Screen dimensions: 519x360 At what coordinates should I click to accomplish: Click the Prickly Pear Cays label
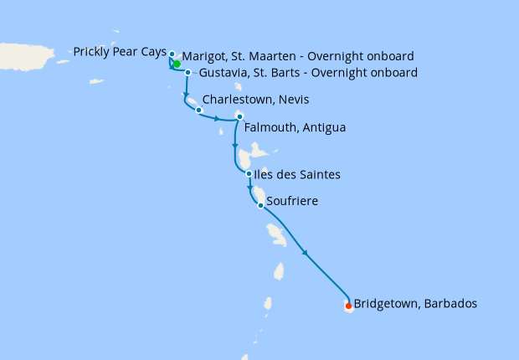pyautogui.click(x=120, y=52)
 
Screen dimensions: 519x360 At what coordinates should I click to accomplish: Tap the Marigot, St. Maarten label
pyautogui.click(x=297, y=56)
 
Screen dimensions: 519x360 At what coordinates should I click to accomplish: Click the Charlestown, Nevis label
pyautogui.click(x=255, y=100)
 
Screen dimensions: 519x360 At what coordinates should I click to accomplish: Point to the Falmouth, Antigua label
pyautogui.click(x=295, y=128)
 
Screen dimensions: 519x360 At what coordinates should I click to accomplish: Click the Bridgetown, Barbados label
pyautogui.click(x=415, y=304)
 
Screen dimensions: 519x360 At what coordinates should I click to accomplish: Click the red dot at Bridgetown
pyautogui.click(x=348, y=306)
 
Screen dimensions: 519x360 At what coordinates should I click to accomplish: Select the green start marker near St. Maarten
pyautogui.click(x=177, y=64)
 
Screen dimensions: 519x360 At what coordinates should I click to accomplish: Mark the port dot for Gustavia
pyautogui.click(x=188, y=73)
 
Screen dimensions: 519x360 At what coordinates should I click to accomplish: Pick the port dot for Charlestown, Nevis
pyautogui.click(x=198, y=110)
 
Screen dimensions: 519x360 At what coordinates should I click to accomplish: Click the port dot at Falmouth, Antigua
pyautogui.click(x=239, y=116)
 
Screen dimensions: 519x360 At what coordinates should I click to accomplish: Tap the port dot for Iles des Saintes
pyautogui.click(x=249, y=174)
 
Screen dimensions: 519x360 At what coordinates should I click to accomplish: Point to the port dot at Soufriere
pyautogui.click(x=261, y=205)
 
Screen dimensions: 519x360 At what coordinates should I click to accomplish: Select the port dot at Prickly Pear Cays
pyautogui.click(x=172, y=54)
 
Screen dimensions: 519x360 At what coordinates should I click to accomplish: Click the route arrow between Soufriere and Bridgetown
pyautogui.click(x=305, y=253)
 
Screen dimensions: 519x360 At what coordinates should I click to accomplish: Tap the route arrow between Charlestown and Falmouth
pyautogui.click(x=218, y=119)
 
